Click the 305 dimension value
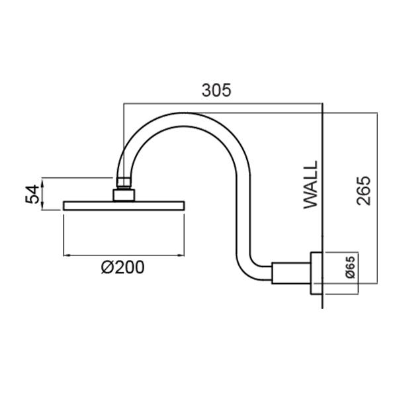pos(216,91)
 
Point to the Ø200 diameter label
pos(122,268)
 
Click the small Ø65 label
pos(351,271)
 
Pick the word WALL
pos(311,185)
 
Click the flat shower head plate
pos(123,206)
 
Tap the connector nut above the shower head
pos(123,194)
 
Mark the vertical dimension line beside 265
pos(376,198)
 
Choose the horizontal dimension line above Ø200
pos(123,255)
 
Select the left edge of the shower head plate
pos(64,206)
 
